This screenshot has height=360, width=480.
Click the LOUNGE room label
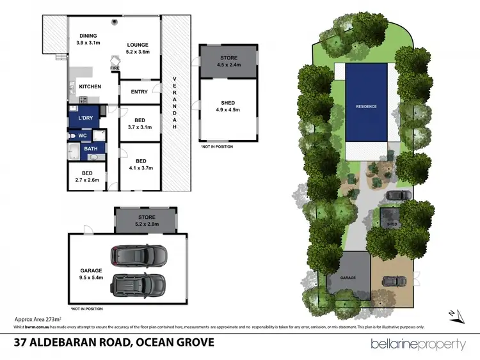click(137, 45)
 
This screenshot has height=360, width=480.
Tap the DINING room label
click(88, 36)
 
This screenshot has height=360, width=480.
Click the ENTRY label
click(139, 91)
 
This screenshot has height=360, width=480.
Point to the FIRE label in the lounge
click(115, 68)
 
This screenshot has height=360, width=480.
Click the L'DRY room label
click(85, 120)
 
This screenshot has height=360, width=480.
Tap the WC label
click(83, 136)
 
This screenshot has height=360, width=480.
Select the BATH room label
click(91, 149)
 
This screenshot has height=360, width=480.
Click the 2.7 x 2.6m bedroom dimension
click(86, 181)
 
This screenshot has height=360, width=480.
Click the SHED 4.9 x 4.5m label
click(228, 109)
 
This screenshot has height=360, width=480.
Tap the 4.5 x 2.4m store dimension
click(228, 65)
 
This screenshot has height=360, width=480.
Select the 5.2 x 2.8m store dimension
click(147, 224)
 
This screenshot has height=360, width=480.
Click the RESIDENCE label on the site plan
click(367, 106)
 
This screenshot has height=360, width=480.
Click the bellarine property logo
click(419, 344)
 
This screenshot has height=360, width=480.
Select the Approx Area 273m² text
click(38, 318)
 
